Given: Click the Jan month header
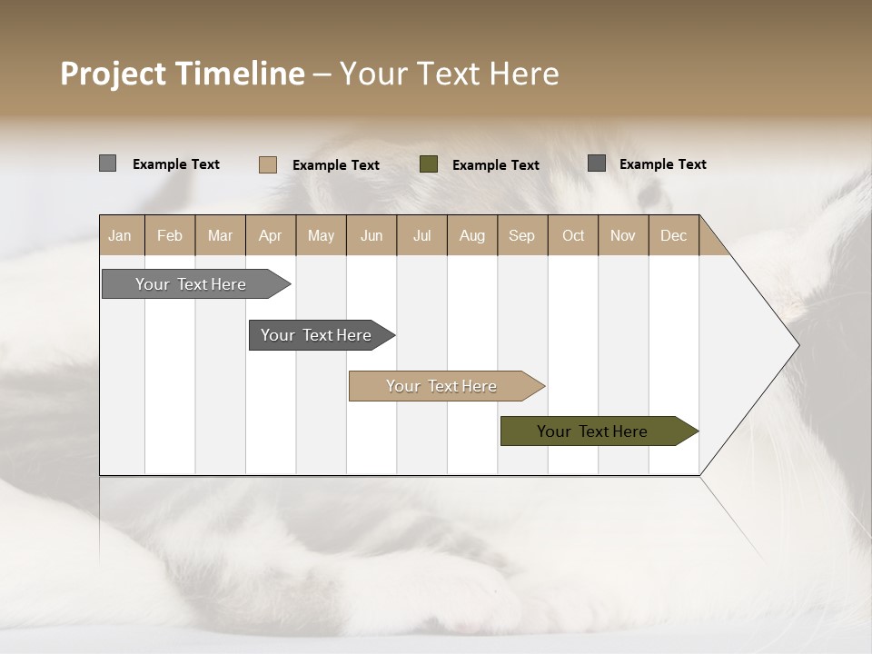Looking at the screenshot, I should click(121, 235).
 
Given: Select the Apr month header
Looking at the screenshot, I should click(270, 235).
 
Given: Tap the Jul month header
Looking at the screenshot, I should click(421, 235).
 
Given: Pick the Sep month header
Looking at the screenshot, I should click(521, 235).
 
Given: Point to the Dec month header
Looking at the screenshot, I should click(673, 235).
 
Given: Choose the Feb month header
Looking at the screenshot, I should click(170, 235).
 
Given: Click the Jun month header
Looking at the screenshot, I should click(372, 235).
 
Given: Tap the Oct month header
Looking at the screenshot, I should click(573, 235).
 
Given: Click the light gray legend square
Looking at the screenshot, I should click(107, 163).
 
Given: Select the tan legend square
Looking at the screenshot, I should click(267, 164).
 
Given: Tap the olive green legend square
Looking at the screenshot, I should click(429, 164).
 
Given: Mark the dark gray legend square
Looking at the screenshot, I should click(597, 163).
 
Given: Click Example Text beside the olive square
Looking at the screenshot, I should click(495, 164).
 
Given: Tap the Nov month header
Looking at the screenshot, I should click(623, 235).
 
